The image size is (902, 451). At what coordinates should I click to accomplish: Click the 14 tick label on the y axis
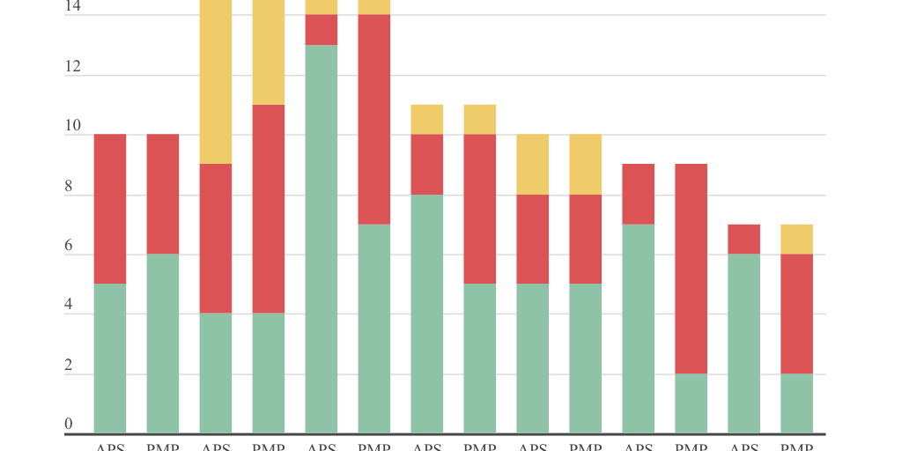(x=72, y=7)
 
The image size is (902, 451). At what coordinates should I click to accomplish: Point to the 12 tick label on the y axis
(x=72, y=67)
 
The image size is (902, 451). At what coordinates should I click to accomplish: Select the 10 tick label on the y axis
(x=72, y=127)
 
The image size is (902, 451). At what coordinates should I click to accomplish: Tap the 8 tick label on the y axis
(x=69, y=187)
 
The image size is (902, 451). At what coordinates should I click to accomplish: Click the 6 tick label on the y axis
(x=69, y=247)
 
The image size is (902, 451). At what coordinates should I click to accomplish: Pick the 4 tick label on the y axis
(x=69, y=306)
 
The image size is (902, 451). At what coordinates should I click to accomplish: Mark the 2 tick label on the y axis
(x=69, y=366)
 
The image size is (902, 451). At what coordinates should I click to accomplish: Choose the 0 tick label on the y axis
(x=69, y=425)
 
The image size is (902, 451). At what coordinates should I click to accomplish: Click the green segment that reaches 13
(x=322, y=239)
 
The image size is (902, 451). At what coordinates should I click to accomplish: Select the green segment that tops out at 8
(x=427, y=314)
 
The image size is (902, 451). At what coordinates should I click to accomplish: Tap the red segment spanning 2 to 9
(x=691, y=269)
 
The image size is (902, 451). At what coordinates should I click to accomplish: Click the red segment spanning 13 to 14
(x=322, y=30)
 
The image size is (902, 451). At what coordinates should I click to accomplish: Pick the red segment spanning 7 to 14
(x=374, y=120)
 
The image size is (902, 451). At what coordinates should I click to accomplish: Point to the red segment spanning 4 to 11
(x=269, y=209)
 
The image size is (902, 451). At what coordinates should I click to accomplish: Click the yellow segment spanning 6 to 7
(x=797, y=239)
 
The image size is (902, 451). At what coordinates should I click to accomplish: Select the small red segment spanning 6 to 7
(x=744, y=239)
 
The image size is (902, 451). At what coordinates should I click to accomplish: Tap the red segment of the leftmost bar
(x=110, y=209)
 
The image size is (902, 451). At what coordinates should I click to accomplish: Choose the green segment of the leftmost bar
(x=110, y=359)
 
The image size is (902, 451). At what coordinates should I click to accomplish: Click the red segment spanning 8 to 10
(x=427, y=164)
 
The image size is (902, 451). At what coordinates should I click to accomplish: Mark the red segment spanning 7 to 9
(x=639, y=194)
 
